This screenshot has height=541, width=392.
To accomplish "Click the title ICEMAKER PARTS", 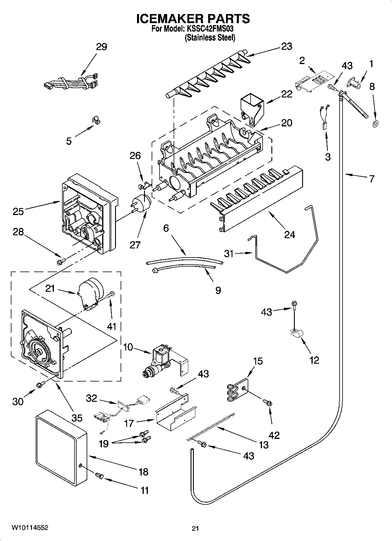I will (x=193, y=18).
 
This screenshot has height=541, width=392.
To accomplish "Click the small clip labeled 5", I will (x=95, y=120).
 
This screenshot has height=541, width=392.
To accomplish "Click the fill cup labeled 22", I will (x=251, y=109).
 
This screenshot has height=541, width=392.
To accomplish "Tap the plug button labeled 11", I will (x=100, y=477).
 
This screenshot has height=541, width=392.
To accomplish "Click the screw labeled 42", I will (x=268, y=403).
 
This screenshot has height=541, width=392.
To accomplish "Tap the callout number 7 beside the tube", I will (x=372, y=178).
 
